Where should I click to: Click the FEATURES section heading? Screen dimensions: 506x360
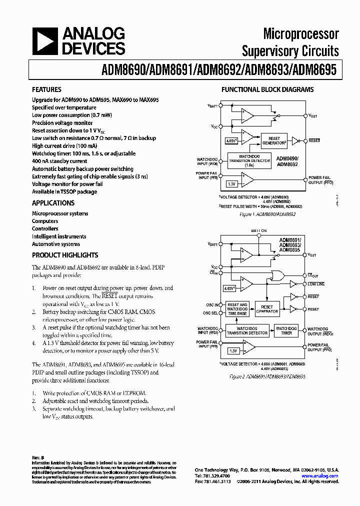pos(46,90)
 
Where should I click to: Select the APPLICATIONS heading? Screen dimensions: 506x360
pos(53,203)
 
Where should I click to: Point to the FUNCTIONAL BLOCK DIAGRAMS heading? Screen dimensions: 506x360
pos(267,90)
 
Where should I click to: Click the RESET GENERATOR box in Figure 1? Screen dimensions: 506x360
pos(274,140)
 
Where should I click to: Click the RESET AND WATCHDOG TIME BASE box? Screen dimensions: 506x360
pos(237,307)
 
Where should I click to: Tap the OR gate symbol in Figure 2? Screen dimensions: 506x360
pos(275,274)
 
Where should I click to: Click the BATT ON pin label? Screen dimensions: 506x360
pos(259,230)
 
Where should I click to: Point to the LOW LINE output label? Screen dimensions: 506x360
pos(316,284)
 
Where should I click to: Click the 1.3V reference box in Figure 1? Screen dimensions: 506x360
pos(231,183)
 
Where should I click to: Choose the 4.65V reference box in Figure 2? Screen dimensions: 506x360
pos(229,288)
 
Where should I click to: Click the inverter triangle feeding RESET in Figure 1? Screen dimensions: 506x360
pos(295,140)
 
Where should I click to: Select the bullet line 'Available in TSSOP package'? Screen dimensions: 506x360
pos(64,191)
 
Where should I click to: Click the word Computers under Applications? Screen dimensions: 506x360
pos(45,221)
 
